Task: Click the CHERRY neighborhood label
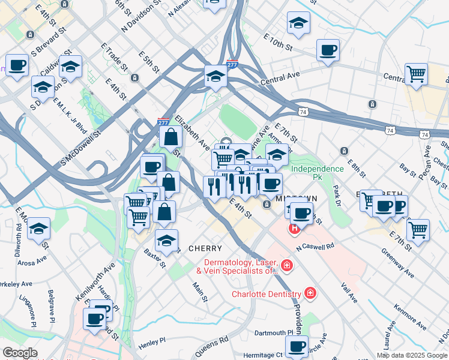(x=205, y=248)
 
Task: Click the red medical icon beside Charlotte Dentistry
(x=310, y=293)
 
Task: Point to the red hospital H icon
(x=294, y=228)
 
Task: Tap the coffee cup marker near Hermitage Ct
(x=297, y=346)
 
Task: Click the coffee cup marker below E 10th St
(x=328, y=50)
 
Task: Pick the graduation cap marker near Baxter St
(x=166, y=240)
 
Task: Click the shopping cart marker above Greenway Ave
(x=418, y=229)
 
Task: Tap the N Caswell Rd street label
(x=314, y=247)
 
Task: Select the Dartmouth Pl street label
(x=274, y=332)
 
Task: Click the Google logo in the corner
(x=20, y=353)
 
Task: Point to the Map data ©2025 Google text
(x=411, y=355)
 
